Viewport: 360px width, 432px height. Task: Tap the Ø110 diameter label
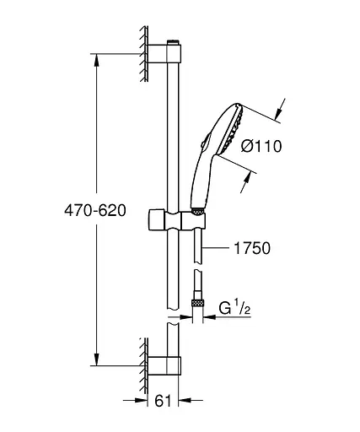click(261, 147)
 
